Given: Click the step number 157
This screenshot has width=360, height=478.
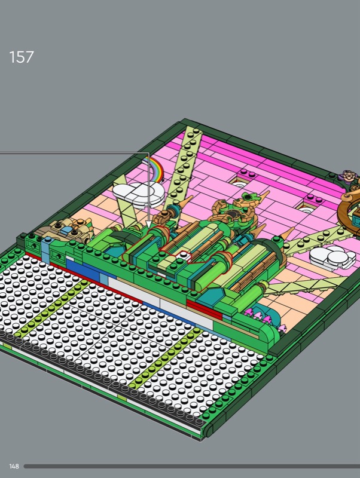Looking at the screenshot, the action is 22,57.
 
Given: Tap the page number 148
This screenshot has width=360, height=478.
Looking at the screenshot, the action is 14,466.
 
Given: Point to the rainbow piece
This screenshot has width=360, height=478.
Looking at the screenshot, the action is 155,168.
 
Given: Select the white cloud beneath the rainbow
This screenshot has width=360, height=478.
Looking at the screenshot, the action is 139,194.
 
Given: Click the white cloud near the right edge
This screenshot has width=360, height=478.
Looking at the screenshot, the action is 332,257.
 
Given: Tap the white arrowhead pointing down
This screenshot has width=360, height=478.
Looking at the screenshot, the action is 148,225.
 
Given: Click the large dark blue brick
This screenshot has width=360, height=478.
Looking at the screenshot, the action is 83,269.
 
